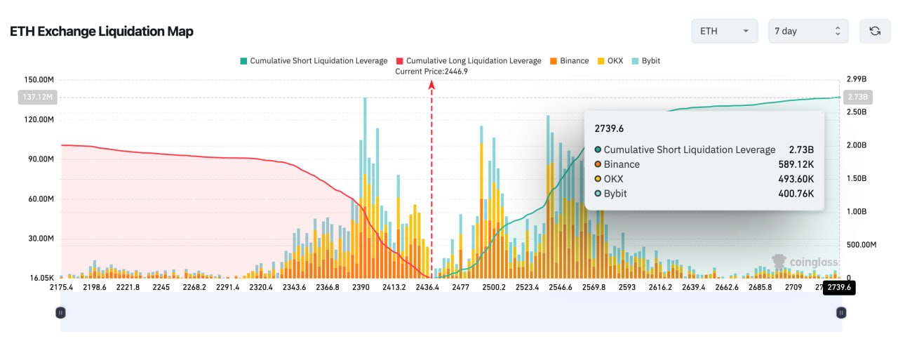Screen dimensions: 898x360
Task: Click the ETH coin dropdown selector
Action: click(725, 31)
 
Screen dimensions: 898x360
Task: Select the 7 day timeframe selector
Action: click(808, 31)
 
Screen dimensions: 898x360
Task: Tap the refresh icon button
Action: click(875, 31)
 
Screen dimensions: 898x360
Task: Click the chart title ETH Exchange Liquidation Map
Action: click(102, 32)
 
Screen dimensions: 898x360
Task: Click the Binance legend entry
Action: click(569, 61)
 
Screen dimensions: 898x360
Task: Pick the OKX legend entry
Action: click(610, 61)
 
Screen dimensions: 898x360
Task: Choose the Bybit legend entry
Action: click(646, 61)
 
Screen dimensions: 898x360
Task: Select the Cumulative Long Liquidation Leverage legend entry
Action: click(469, 61)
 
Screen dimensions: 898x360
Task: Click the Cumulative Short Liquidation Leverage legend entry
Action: click(314, 61)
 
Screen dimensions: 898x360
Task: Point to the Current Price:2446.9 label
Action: click(431, 72)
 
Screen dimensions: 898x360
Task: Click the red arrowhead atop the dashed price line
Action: click(431, 84)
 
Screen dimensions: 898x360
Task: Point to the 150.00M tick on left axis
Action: click(39, 79)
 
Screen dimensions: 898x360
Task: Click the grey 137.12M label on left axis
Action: click(38, 97)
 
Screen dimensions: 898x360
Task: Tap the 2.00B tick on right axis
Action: click(857, 145)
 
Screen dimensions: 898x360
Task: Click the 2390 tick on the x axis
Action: click(361, 287)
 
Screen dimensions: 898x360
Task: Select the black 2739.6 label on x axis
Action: click(839, 288)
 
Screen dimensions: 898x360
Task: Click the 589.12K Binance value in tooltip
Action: click(796, 164)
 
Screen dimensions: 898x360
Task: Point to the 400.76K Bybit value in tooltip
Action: click(796, 194)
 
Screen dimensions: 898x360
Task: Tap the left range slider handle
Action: click(60, 313)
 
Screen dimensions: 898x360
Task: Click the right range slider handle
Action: click(841, 313)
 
